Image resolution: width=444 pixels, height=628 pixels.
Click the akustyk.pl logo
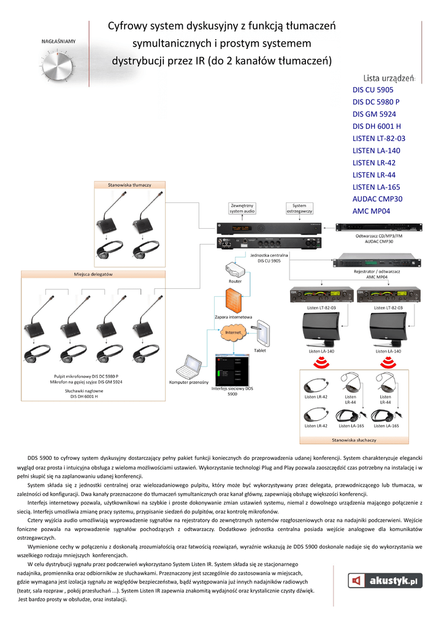(x=385, y=580)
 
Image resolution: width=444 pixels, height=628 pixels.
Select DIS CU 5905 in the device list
(x=373, y=90)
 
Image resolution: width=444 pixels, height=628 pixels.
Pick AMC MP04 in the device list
(x=371, y=212)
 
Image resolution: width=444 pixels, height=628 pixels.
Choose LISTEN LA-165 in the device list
(x=376, y=187)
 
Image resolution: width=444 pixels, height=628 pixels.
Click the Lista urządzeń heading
(x=389, y=78)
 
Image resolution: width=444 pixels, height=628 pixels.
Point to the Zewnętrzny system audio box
(x=242, y=209)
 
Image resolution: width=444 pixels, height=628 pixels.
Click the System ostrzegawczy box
(x=299, y=209)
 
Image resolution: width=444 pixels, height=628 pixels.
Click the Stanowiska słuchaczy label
(x=354, y=440)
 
